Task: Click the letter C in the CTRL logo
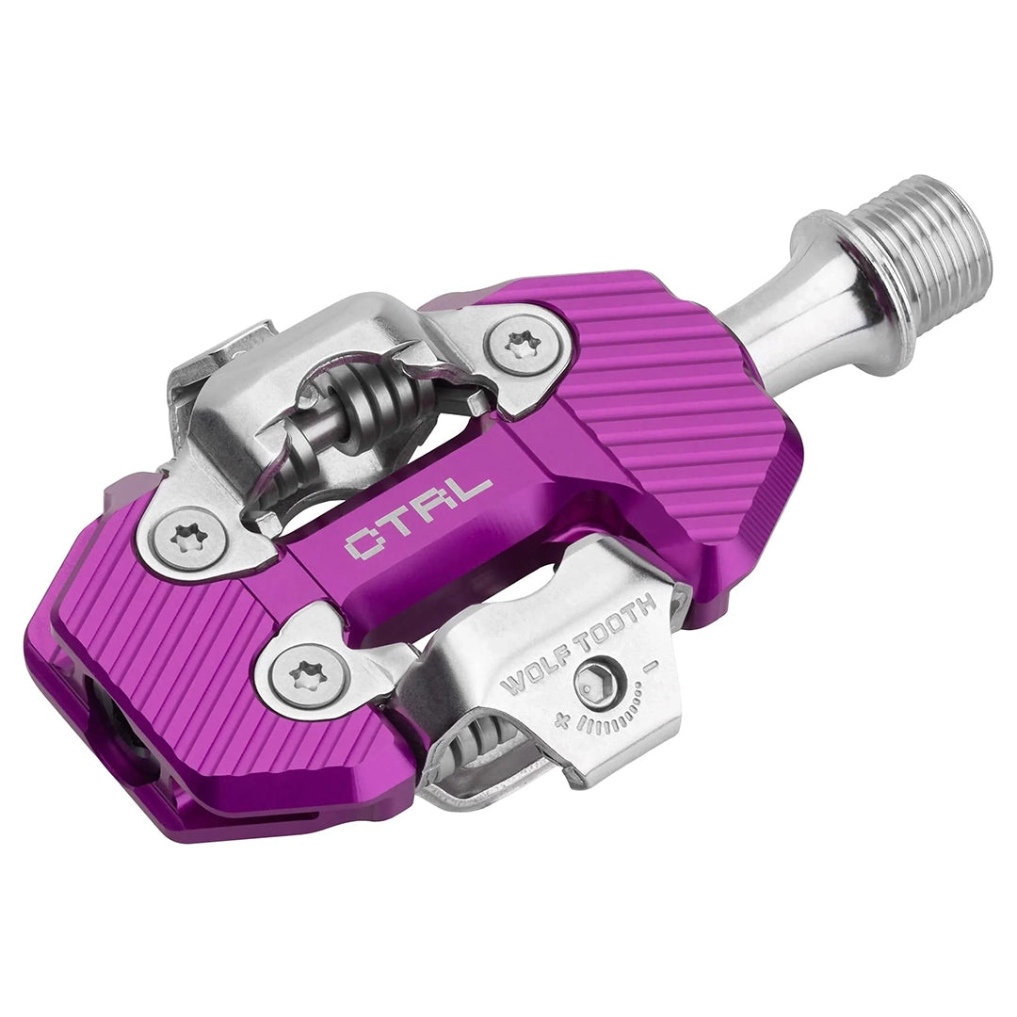click(x=363, y=542)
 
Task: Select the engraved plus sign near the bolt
click(x=562, y=723)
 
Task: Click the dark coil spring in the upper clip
click(x=377, y=400)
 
